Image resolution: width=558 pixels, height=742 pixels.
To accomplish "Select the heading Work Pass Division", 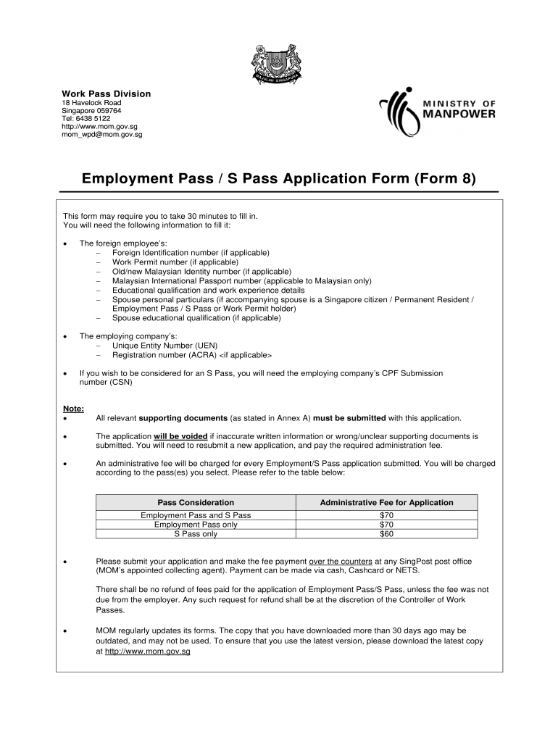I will point(106,93).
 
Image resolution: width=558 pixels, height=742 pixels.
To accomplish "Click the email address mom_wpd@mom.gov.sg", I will point(101,134).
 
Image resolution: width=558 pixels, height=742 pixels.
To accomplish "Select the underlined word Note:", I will point(73,409).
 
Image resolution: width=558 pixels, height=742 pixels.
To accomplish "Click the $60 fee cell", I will point(386,534).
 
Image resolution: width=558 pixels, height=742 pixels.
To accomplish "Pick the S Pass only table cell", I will point(196,534).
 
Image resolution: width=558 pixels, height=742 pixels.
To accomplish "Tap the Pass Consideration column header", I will point(196,502).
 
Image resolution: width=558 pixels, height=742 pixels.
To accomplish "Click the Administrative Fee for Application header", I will point(386,502).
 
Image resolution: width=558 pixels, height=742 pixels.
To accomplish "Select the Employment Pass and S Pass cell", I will point(196,514).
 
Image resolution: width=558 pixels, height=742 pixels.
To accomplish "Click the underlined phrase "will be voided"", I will point(180,437).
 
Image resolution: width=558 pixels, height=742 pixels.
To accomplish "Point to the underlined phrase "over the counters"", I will point(340,561).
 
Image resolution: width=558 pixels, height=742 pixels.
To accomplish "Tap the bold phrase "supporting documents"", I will point(182,418).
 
